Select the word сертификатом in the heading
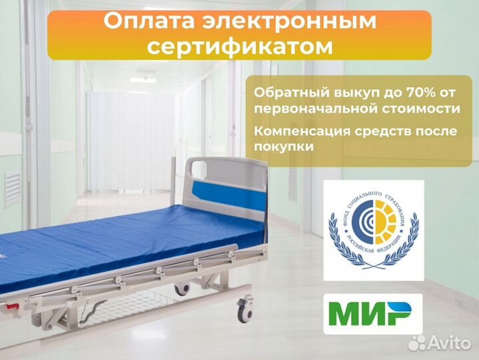(x=239, y=47)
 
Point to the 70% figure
(x=410, y=91)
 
